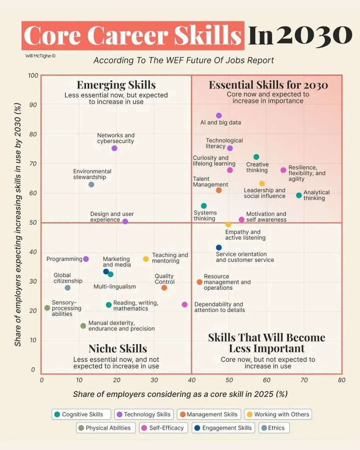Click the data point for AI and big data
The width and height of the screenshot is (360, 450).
click(219, 115)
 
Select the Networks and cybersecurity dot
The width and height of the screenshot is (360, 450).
click(114, 148)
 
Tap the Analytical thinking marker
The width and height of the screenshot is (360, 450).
click(299, 195)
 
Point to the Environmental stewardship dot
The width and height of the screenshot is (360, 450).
click(91, 184)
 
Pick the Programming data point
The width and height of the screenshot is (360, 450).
click(86, 259)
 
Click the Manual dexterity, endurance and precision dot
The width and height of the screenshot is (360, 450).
click(83, 326)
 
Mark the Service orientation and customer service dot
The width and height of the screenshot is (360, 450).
click(219, 248)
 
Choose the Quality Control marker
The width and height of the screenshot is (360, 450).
click(164, 288)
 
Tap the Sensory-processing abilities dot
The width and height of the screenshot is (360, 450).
click(47, 308)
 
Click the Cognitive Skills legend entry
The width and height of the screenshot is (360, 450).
click(81, 414)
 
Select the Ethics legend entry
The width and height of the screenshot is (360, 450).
click(274, 428)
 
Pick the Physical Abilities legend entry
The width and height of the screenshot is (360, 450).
click(106, 428)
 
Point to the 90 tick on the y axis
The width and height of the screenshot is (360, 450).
click(33, 105)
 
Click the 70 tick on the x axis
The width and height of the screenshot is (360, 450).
click(304, 380)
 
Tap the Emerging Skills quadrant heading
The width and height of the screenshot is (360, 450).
click(116, 85)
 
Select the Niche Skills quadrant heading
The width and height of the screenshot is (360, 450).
click(118, 349)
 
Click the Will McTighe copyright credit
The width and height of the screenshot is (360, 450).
click(41, 56)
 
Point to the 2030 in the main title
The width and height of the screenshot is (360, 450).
click(314, 36)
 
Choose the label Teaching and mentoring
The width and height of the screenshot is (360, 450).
click(170, 258)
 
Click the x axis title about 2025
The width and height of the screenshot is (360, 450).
click(180, 394)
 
